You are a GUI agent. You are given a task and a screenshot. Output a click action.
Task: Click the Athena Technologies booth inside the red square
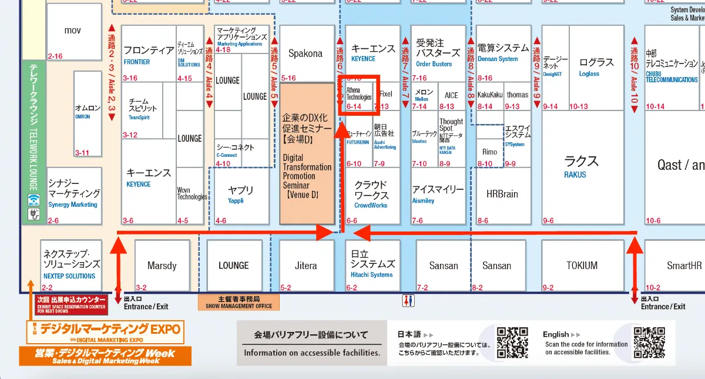(359, 94)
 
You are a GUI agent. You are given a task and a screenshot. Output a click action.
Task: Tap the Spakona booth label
(305, 53)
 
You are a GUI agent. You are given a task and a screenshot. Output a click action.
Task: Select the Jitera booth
(305, 266)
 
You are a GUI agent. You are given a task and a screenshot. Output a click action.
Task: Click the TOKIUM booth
(582, 266)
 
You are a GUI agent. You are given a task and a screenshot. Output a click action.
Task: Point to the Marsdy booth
(162, 266)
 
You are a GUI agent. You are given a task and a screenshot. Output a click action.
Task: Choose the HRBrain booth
(502, 194)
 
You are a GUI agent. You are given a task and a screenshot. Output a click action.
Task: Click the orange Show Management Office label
(239, 302)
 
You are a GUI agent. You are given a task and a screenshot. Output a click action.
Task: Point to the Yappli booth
(240, 194)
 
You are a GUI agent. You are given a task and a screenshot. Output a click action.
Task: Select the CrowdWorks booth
(371, 194)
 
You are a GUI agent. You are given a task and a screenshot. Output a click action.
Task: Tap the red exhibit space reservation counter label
(72, 303)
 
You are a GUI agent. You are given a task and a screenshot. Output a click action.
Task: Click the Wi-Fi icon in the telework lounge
(33, 199)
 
